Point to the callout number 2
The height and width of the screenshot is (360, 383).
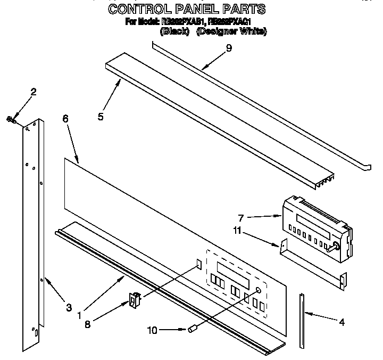click(x=33, y=92)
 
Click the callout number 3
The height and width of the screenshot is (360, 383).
click(x=69, y=307)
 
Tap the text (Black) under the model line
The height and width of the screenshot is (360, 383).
click(x=174, y=31)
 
